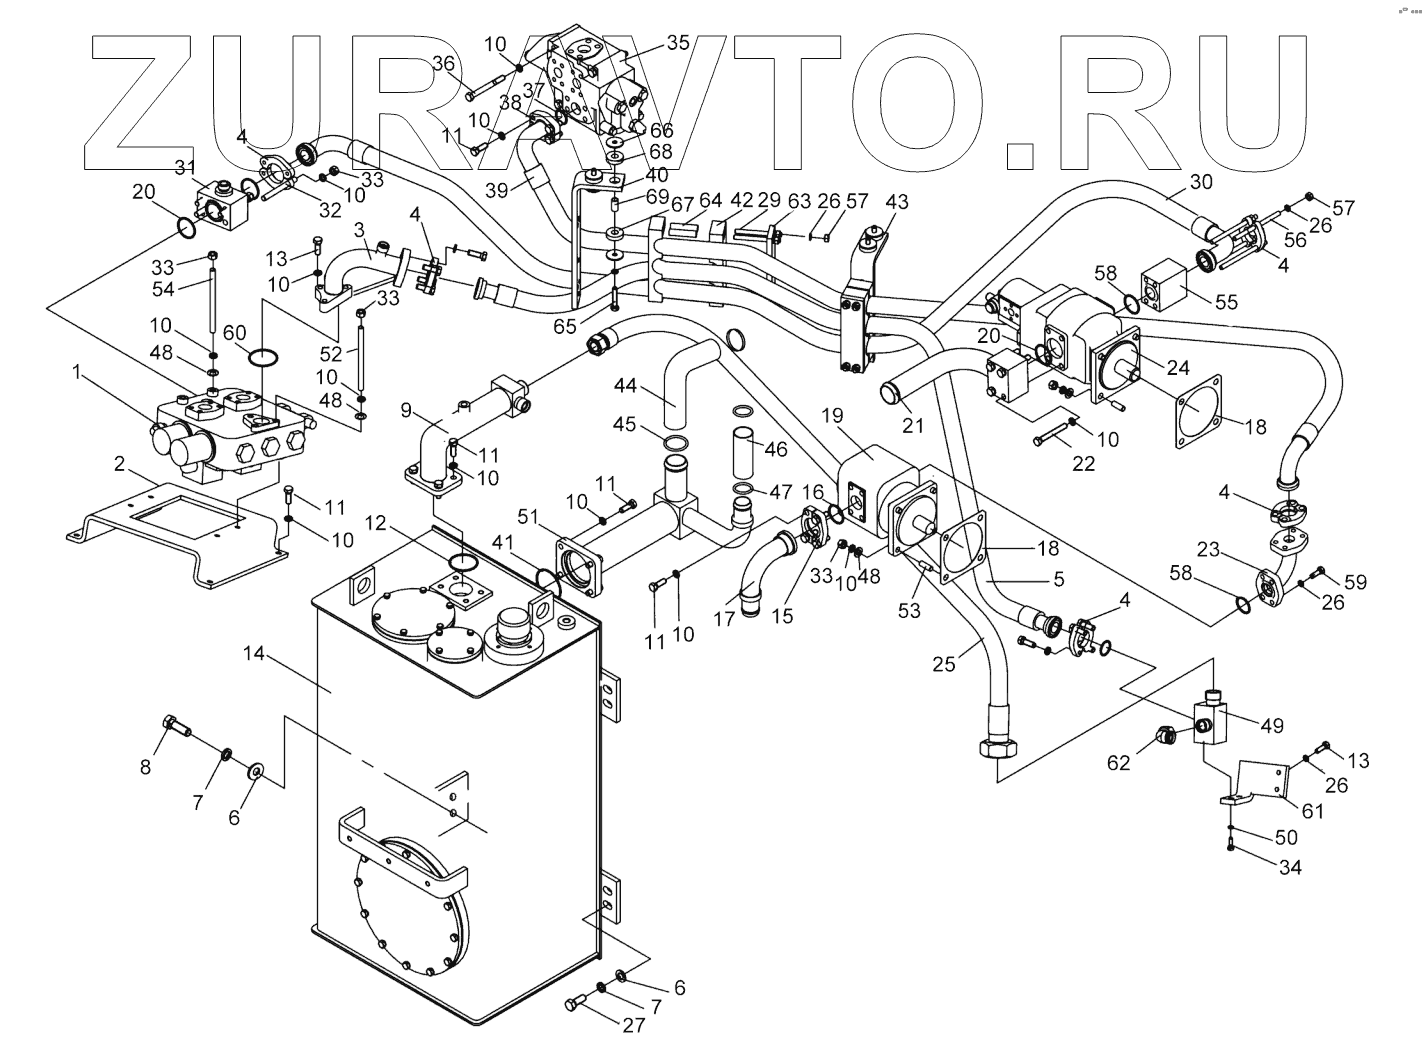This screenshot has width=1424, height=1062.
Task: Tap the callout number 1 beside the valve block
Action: point(76,372)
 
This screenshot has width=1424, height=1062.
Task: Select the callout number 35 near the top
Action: point(678,43)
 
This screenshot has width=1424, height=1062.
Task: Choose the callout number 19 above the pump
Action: point(832,414)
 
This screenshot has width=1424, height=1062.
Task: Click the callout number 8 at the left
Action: point(146,767)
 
